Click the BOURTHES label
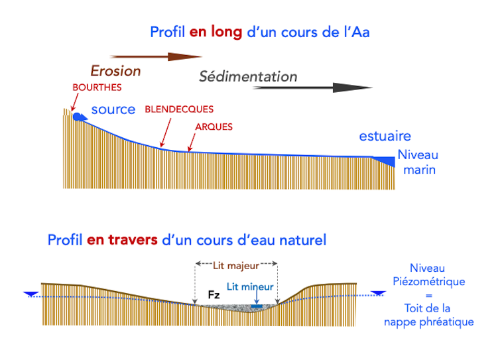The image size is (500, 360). (x=97, y=88)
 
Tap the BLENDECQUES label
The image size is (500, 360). (x=178, y=109)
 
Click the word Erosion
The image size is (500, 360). (x=115, y=71)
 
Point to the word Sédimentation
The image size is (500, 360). (x=248, y=76)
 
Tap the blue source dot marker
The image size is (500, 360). (x=78, y=117)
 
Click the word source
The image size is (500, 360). (x=113, y=109)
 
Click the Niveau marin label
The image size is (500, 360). (x=418, y=163)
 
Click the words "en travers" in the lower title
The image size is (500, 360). (x=122, y=239)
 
